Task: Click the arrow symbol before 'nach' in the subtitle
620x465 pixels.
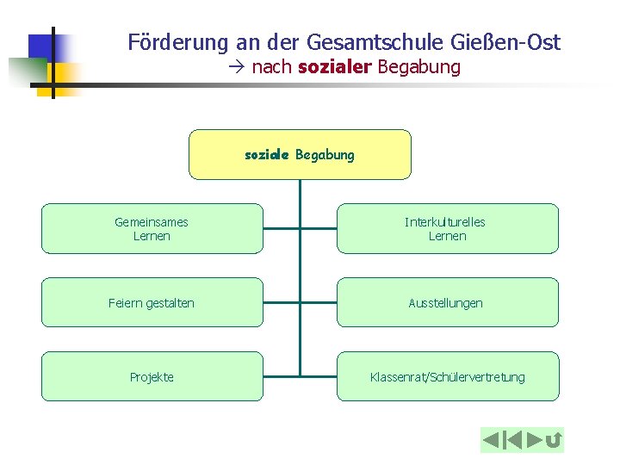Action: pyautogui.click(x=238, y=67)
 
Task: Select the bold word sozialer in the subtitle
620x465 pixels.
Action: pyautogui.click(x=334, y=67)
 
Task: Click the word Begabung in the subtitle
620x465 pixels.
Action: pyautogui.click(x=418, y=67)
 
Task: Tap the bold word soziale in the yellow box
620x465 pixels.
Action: pyautogui.click(x=267, y=155)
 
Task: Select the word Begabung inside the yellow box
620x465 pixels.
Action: pyautogui.click(x=325, y=155)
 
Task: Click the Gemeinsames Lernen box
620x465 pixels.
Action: pyautogui.click(x=152, y=228)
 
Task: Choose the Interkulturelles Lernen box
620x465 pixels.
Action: pyautogui.click(x=447, y=228)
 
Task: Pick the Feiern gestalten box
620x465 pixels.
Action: pyautogui.click(x=152, y=302)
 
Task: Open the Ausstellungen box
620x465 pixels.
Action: pyautogui.click(x=447, y=302)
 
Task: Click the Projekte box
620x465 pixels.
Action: pyautogui.click(x=152, y=376)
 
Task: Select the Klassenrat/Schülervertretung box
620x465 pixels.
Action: pyautogui.click(x=447, y=376)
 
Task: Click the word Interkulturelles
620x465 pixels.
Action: pyautogui.click(x=445, y=222)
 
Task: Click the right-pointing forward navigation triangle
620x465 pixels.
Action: pyautogui.click(x=536, y=440)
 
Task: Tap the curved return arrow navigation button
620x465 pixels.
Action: pyautogui.click(x=555, y=441)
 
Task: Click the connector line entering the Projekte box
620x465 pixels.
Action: pyautogui.click(x=281, y=376)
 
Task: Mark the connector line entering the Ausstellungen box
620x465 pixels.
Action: pyautogui.click(x=318, y=302)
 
